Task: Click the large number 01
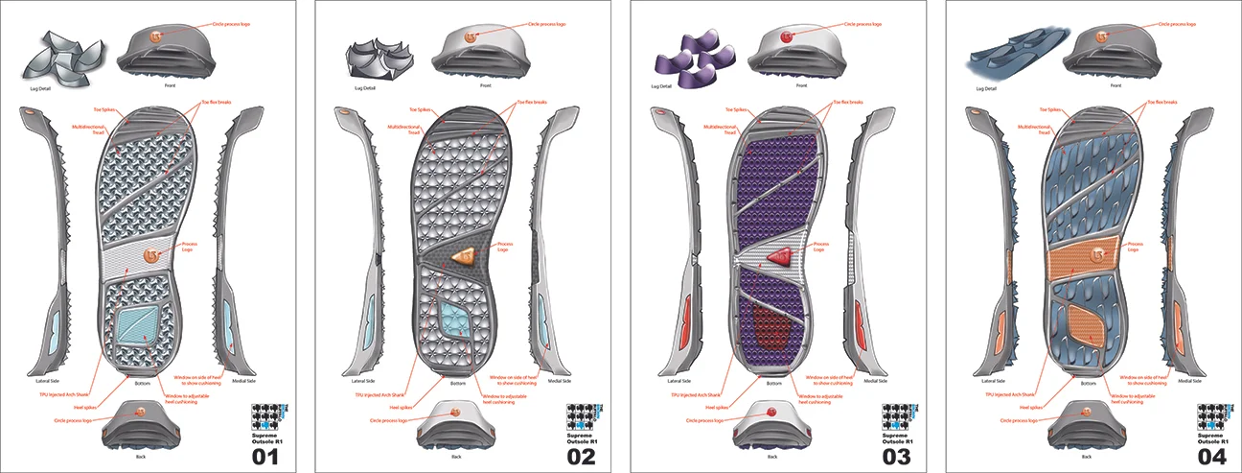(265, 457)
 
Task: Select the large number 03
(896, 457)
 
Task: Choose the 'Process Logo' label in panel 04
(1135, 248)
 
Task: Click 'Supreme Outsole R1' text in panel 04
(1212, 438)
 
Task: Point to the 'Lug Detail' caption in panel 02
(365, 87)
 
